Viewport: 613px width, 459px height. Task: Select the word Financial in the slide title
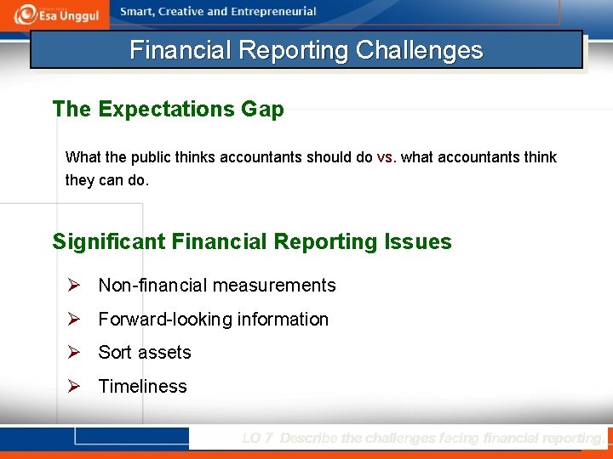pyautogui.click(x=181, y=50)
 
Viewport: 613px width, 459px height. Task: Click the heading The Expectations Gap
pyautogui.click(x=168, y=109)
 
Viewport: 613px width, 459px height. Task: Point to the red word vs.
pyautogui.click(x=386, y=157)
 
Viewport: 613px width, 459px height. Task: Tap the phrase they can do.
pyautogui.click(x=106, y=180)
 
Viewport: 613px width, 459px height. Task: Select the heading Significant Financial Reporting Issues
pyautogui.click(x=252, y=241)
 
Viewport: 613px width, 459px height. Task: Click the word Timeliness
pyautogui.click(x=142, y=387)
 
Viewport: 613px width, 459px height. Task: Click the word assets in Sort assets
pyautogui.click(x=165, y=353)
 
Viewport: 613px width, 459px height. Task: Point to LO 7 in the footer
pyautogui.click(x=257, y=439)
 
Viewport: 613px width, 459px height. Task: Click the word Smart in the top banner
pyautogui.click(x=138, y=12)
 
